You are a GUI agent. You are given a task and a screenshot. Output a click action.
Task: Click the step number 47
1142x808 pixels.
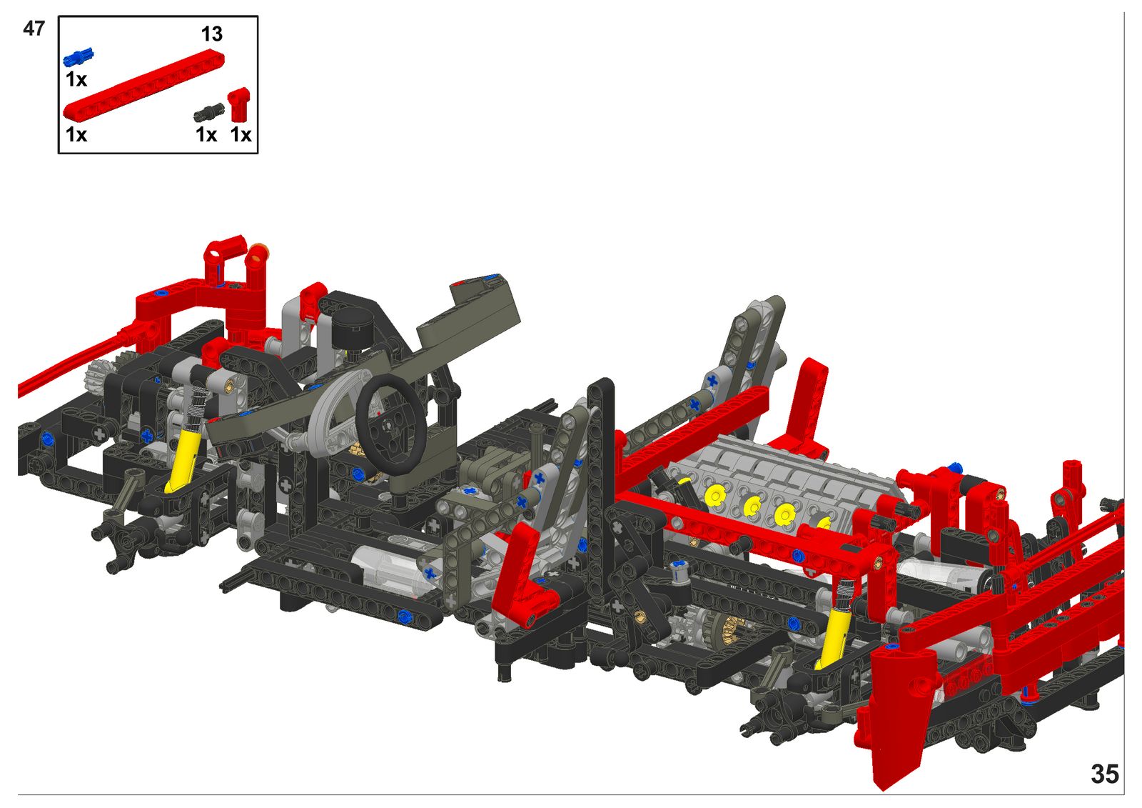click(34, 29)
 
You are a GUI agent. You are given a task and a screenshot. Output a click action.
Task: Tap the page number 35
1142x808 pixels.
click(1105, 774)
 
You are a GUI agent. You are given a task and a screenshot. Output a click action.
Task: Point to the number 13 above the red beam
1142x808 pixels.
click(211, 34)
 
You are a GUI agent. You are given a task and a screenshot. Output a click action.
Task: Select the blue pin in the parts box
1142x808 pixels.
click(79, 56)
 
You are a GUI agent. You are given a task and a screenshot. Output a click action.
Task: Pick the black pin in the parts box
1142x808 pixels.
click(208, 111)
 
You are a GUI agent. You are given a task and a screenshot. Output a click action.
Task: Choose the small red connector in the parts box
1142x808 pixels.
click(238, 104)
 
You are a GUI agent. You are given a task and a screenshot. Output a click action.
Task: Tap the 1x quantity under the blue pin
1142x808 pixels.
click(76, 80)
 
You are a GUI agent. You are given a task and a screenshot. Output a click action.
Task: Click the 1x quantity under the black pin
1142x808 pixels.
click(206, 135)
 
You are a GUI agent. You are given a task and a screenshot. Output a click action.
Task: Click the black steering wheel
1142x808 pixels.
click(390, 425)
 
